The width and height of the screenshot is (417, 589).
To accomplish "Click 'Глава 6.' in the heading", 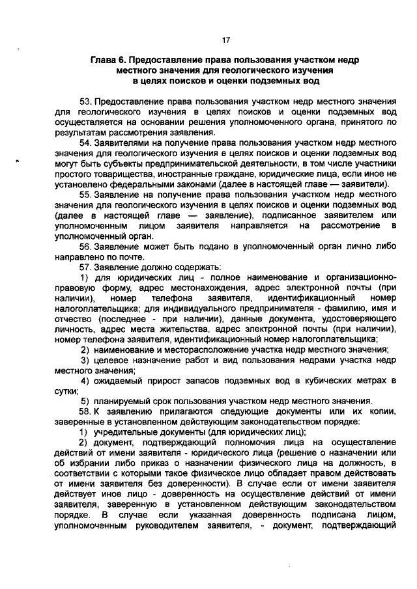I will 108,60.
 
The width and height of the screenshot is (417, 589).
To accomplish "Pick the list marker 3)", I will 84,360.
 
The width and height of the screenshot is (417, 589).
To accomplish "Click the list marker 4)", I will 84,380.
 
